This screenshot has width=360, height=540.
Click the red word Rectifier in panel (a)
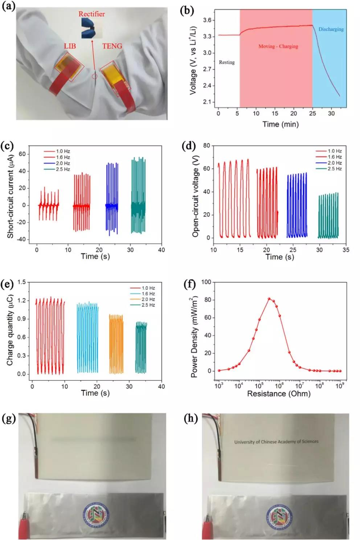91,14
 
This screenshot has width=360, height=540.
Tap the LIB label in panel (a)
70,46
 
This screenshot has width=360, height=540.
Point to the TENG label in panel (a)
112,46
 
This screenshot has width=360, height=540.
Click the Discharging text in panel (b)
331,29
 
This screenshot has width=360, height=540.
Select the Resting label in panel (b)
226,62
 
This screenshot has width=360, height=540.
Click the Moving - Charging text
278,46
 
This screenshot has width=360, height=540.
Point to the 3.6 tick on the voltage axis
207,20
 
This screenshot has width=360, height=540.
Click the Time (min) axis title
280,124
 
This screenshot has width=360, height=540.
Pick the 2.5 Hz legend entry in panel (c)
62,169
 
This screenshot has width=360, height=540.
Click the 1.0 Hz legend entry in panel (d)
334,151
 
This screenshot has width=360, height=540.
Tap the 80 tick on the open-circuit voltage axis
206,146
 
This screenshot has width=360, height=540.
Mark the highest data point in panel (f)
269,299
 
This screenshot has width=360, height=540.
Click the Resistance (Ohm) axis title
279,394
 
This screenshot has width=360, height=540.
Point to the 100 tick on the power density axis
206,282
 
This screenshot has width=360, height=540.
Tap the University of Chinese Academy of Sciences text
276,442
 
